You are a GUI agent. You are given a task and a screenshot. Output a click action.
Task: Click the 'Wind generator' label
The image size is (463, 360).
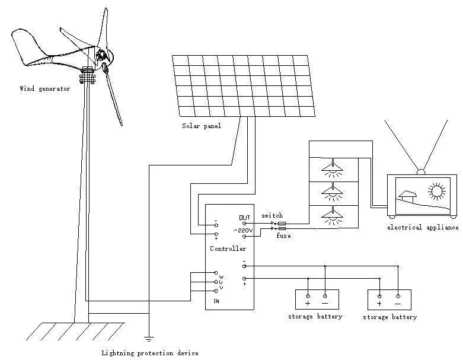(44, 89)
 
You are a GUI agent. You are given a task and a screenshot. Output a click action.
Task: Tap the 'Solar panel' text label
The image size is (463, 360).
(201, 126)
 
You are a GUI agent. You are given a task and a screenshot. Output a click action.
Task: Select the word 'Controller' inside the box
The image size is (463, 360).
(228, 249)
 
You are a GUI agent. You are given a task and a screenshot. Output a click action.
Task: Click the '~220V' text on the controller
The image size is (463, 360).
(243, 230)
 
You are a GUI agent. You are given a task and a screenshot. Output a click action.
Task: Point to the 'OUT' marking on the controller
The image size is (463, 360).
(244, 217)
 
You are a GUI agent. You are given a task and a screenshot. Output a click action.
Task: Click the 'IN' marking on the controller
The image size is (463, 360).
(216, 302)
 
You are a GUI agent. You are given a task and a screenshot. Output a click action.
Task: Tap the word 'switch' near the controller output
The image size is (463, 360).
(272, 215)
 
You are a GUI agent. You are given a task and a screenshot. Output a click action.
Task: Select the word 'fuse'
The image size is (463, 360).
(283, 236)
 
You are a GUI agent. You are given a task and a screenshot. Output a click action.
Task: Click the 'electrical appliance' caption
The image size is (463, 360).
(423, 227)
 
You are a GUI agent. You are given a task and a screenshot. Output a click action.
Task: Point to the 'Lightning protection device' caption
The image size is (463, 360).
(149, 353)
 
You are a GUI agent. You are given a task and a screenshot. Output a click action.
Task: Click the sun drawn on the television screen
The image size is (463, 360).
(437, 191)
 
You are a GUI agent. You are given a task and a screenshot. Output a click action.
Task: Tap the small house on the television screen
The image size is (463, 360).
(406, 196)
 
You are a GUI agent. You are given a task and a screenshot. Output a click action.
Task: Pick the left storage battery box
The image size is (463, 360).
(317, 299)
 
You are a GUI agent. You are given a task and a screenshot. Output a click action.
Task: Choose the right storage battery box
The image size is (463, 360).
(389, 300)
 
